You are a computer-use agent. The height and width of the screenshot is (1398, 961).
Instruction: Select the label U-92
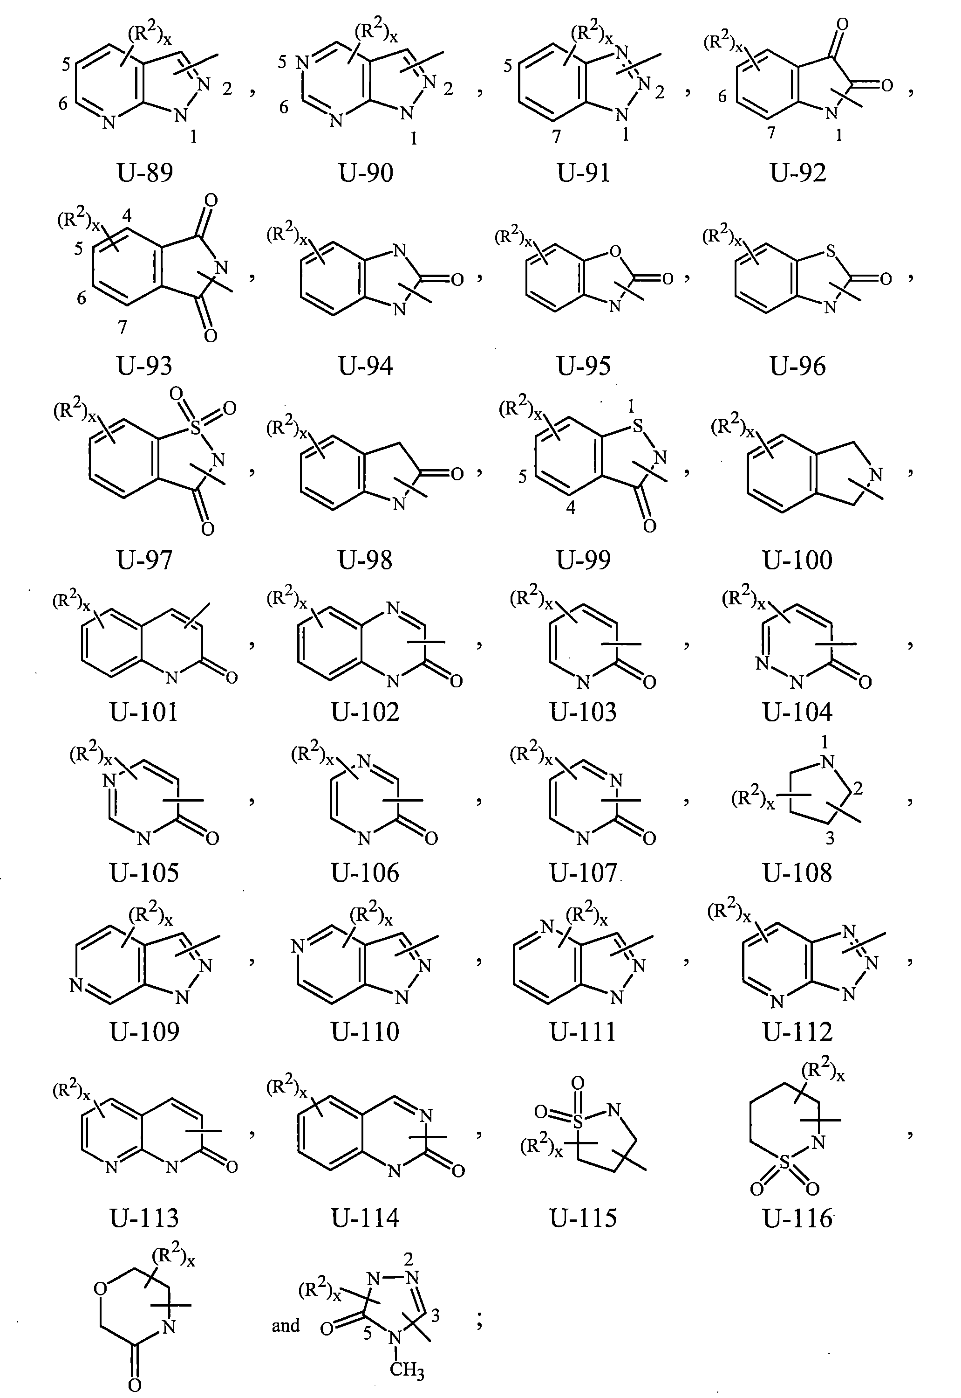(798, 173)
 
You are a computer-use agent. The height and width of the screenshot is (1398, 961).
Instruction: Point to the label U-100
(798, 560)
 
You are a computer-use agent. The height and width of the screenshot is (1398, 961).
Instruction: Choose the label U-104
(798, 712)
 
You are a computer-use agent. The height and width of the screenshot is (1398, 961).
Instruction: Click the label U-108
(798, 872)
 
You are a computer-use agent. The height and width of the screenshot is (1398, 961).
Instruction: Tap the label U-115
(584, 1218)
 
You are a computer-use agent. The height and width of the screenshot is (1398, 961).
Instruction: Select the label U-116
(798, 1218)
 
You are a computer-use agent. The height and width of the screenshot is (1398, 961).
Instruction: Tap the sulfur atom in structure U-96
(831, 251)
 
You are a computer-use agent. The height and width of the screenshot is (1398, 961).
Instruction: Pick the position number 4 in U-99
(570, 507)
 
